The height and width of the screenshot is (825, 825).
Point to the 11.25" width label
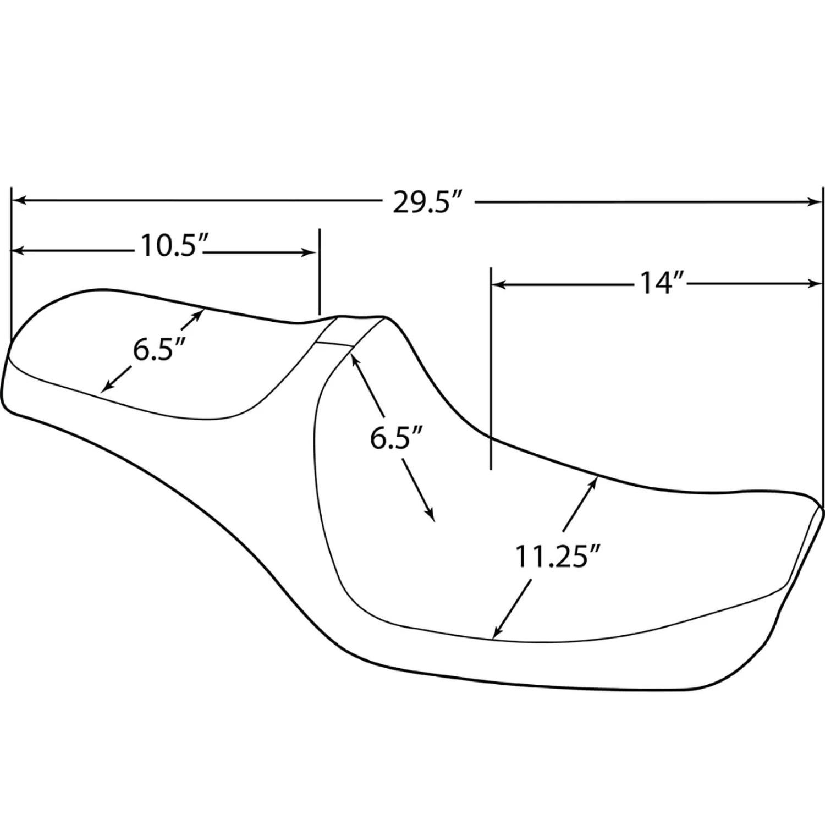coord(556,557)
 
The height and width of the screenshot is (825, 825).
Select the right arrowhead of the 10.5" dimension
coord(311,252)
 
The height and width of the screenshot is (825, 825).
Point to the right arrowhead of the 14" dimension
coord(816,284)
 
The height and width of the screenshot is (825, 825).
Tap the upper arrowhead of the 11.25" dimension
coord(595,481)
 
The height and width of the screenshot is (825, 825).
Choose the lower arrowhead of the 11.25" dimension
coord(497,634)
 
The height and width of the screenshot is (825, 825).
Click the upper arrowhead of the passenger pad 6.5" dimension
coord(200,313)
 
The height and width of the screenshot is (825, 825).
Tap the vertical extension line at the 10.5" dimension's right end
coord(320,272)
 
